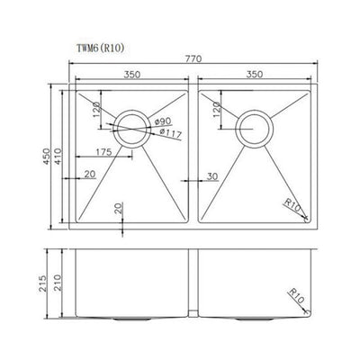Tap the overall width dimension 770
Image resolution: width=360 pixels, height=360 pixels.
[x=193, y=58]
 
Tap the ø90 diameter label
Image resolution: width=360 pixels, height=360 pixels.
[x=163, y=121]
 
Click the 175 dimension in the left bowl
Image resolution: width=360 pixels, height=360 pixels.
[x=101, y=152]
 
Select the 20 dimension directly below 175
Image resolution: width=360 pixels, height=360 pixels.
[x=91, y=175]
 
